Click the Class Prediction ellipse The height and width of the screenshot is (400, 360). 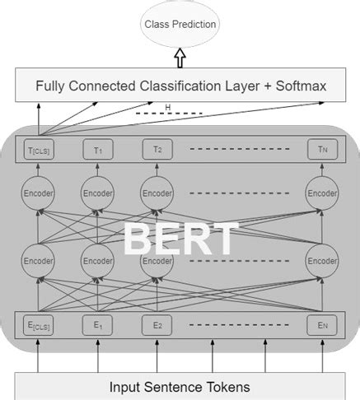tap(180, 24)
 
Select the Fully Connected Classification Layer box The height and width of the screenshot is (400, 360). tap(180, 86)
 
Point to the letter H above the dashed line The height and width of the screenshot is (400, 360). tap(168, 107)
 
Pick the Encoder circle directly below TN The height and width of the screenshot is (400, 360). tap(321, 194)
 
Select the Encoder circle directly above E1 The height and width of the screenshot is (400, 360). tap(96, 260)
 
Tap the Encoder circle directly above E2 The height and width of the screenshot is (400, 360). tap(157, 260)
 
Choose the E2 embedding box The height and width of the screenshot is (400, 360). tap(157, 325)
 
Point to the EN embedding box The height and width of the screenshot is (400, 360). tap(321, 325)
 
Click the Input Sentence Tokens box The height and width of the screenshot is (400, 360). tap(180, 385)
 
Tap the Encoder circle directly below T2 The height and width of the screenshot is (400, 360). tap(157, 194)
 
